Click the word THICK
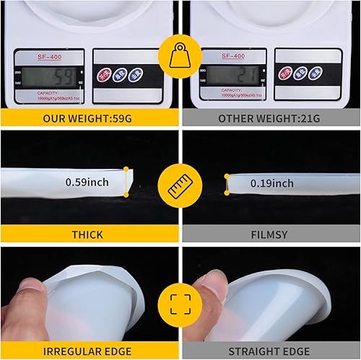(x=87, y=234)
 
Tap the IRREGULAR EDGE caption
(x=87, y=351)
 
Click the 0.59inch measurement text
(x=87, y=182)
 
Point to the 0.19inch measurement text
(x=271, y=183)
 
